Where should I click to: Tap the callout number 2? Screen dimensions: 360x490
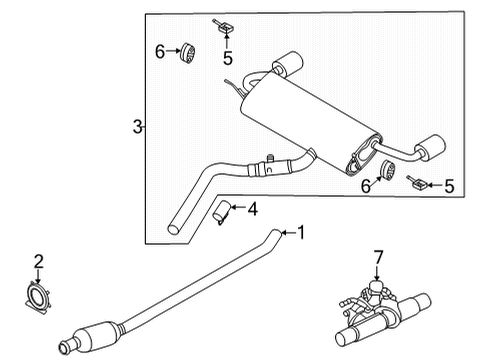[39, 263]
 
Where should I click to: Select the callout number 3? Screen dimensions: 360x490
[137, 127]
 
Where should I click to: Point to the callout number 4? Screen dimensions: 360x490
[252, 210]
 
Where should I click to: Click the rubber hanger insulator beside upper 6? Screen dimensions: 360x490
[187, 53]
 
